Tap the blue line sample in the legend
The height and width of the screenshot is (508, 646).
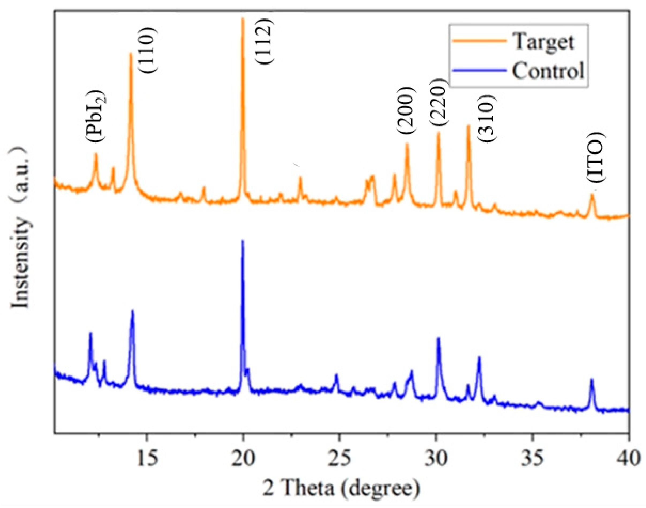pyautogui.click(x=479, y=70)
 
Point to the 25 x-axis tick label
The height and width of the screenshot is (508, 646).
pyautogui.click(x=340, y=458)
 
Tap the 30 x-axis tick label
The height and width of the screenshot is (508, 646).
pyautogui.click(x=436, y=458)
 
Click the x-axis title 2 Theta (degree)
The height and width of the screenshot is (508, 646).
pyautogui.click(x=341, y=488)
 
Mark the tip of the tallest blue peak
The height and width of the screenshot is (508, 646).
pyautogui.click(x=243, y=240)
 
